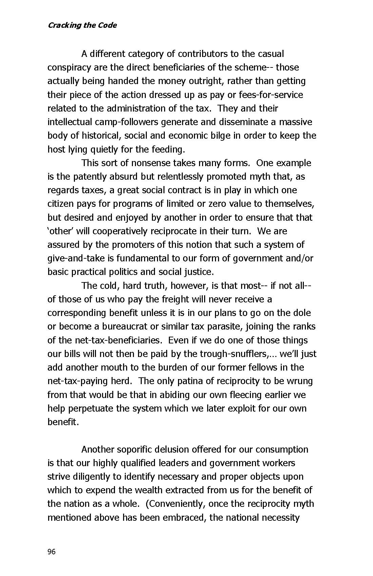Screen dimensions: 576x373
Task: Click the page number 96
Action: [51, 552]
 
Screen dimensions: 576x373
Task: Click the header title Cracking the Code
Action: [82, 25]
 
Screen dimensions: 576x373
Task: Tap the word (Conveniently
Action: [175, 504]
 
